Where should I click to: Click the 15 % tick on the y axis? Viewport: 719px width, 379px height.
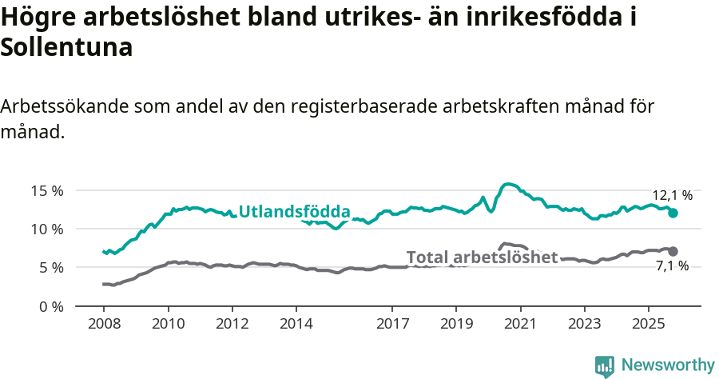[47, 190]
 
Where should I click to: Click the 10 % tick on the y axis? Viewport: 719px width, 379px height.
[47, 229]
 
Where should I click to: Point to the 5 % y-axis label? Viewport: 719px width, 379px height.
[50, 267]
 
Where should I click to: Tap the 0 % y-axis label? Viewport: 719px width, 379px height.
[50, 306]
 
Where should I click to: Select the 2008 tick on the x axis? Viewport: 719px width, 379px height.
[104, 325]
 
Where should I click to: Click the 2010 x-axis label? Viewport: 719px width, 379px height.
[168, 325]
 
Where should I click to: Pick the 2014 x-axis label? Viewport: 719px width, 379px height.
[296, 325]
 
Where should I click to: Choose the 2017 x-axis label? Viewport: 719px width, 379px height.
[392, 325]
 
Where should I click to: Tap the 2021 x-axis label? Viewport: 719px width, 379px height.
[520, 325]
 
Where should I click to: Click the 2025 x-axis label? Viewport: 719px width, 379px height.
[648, 325]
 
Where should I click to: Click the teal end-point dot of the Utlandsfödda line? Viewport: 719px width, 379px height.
[673, 213]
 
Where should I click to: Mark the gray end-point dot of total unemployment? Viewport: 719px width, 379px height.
[673, 251]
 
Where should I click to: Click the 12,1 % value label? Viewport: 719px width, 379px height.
[673, 194]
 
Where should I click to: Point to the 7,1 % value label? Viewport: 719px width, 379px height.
[672, 266]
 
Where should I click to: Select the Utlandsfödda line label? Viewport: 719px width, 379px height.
[295, 212]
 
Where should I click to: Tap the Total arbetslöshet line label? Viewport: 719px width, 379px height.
[482, 257]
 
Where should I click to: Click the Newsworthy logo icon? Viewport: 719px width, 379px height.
[605, 365]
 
